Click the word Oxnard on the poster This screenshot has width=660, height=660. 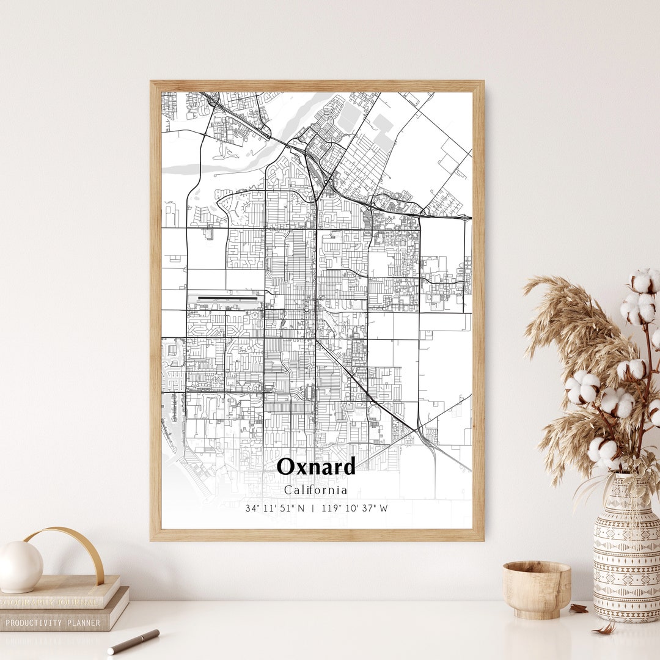(x=316, y=467)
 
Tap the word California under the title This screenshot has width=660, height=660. (x=315, y=490)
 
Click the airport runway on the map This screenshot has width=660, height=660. (x=226, y=299)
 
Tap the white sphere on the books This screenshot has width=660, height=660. (x=21, y=566)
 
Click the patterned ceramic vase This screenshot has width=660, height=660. (x=626, y=550)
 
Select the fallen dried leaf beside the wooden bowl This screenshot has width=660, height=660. (x=578, y=609)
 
